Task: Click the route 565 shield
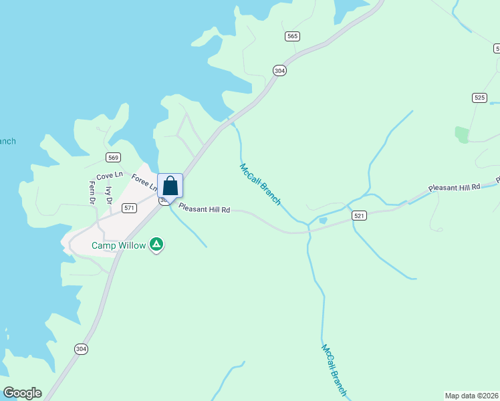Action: [x=291, y=36]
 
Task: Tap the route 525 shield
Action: [x=479, y=98]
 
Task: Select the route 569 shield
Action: [x=113, y=157]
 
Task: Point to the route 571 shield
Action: [x=130, y=208]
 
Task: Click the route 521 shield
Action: [x=360, y=216]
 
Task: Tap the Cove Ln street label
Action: [x=110, y=176]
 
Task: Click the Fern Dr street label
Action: [x=92, y=192]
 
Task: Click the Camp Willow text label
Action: [x=118, y=245]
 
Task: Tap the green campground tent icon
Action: [x=156, y=245]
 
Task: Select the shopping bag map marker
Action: [x=170, y=186]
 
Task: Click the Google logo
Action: [x=22, y=393]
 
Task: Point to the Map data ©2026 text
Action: [x=471, y=395]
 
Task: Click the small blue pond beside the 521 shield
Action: [x=324, y=221]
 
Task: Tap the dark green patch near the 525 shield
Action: [x=462, y=134]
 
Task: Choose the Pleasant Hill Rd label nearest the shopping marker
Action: [x=205, y=209]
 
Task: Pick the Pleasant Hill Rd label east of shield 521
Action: [x=454, y=188]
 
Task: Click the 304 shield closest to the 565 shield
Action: [x=279, y=70]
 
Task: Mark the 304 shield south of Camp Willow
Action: [x=81, y=349]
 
